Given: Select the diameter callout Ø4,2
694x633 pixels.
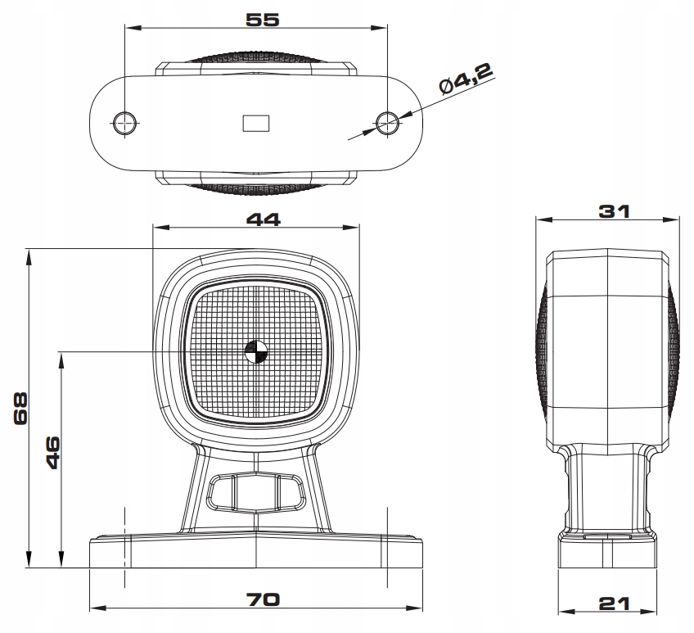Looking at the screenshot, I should (465, 82).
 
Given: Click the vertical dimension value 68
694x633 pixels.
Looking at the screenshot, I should (22, 407).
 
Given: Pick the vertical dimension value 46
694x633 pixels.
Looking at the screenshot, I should (52, 452).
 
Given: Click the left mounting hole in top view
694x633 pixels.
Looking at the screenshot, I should (124, 123).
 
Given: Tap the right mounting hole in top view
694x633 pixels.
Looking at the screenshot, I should (387, 123).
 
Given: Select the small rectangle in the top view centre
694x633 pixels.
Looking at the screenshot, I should (256, 123).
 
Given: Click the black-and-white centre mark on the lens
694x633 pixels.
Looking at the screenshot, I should (256, 351).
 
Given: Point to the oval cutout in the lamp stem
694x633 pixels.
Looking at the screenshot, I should (255, 492).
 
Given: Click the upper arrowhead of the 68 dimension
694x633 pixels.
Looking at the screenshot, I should (29, 255).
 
